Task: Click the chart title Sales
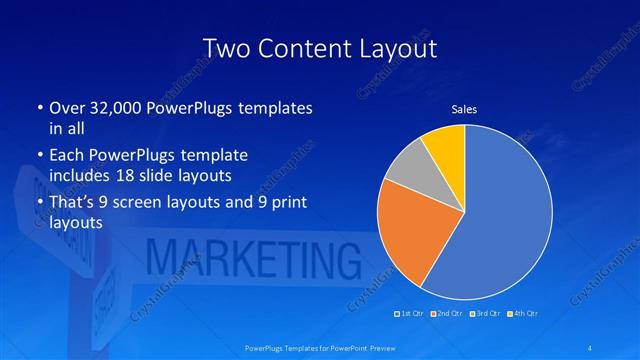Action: point(464,109)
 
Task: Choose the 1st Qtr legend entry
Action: point(409,314)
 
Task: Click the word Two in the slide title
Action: point(222,48)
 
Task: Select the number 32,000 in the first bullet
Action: point(104,107)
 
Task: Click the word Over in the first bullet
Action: point(67,107)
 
